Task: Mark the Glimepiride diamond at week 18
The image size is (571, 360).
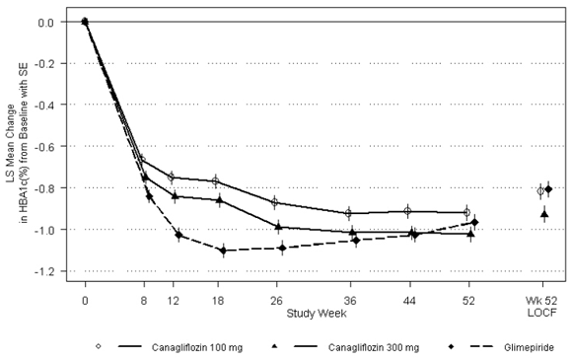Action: point(223,251)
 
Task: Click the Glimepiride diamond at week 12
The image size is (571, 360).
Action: point(178,235)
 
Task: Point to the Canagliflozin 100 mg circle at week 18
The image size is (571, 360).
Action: point(215,181)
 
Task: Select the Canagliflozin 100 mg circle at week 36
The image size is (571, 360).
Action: point(348,213)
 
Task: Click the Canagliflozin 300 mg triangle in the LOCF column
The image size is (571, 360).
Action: point(544,213)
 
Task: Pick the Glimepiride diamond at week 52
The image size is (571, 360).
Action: point(475,222)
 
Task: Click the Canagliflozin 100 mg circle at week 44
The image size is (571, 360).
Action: point(407,211)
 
